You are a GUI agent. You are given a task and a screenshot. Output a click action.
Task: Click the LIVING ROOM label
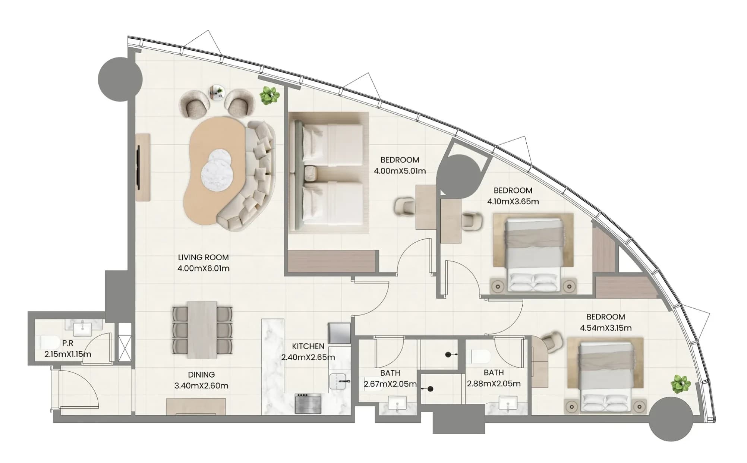click(203, 257)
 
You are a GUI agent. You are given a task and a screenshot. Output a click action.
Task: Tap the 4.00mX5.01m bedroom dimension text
click(400, 171)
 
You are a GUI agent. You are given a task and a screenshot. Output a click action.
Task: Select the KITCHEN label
click(308, 346)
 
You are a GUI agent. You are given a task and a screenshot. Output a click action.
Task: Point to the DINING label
click(201, 375)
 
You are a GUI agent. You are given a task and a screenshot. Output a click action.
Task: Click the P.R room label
click(68, 343)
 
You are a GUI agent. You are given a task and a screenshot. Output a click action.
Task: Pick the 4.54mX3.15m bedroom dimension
click(606, 328)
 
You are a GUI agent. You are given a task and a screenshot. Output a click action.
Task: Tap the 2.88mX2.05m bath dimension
click(494, 384)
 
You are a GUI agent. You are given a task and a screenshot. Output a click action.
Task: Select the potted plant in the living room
click(270, 95)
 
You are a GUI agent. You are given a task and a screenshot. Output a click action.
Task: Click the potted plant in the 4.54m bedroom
click(681, 384)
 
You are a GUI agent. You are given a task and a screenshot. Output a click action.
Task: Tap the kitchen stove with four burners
click(308, 403)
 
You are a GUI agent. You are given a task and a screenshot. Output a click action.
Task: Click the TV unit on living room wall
click(143, 167)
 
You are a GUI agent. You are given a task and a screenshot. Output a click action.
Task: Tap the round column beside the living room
click(120, 79)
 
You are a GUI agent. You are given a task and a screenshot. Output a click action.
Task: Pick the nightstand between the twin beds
click(311, 173)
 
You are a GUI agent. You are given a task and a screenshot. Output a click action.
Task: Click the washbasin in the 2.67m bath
click(398, 403)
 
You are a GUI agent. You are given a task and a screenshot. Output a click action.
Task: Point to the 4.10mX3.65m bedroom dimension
click(513, 202)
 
